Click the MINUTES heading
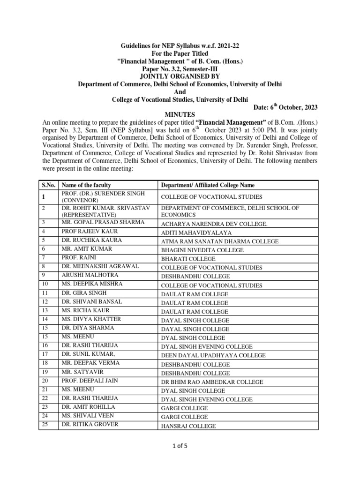(180, 115)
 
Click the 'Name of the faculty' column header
(86, 185)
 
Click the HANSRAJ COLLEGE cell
(188, 426)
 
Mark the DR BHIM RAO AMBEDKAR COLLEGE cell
(211, 382)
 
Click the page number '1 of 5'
(180, 446)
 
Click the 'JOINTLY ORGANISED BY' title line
(180, 76)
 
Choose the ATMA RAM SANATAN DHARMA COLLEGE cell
(219, 241)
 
